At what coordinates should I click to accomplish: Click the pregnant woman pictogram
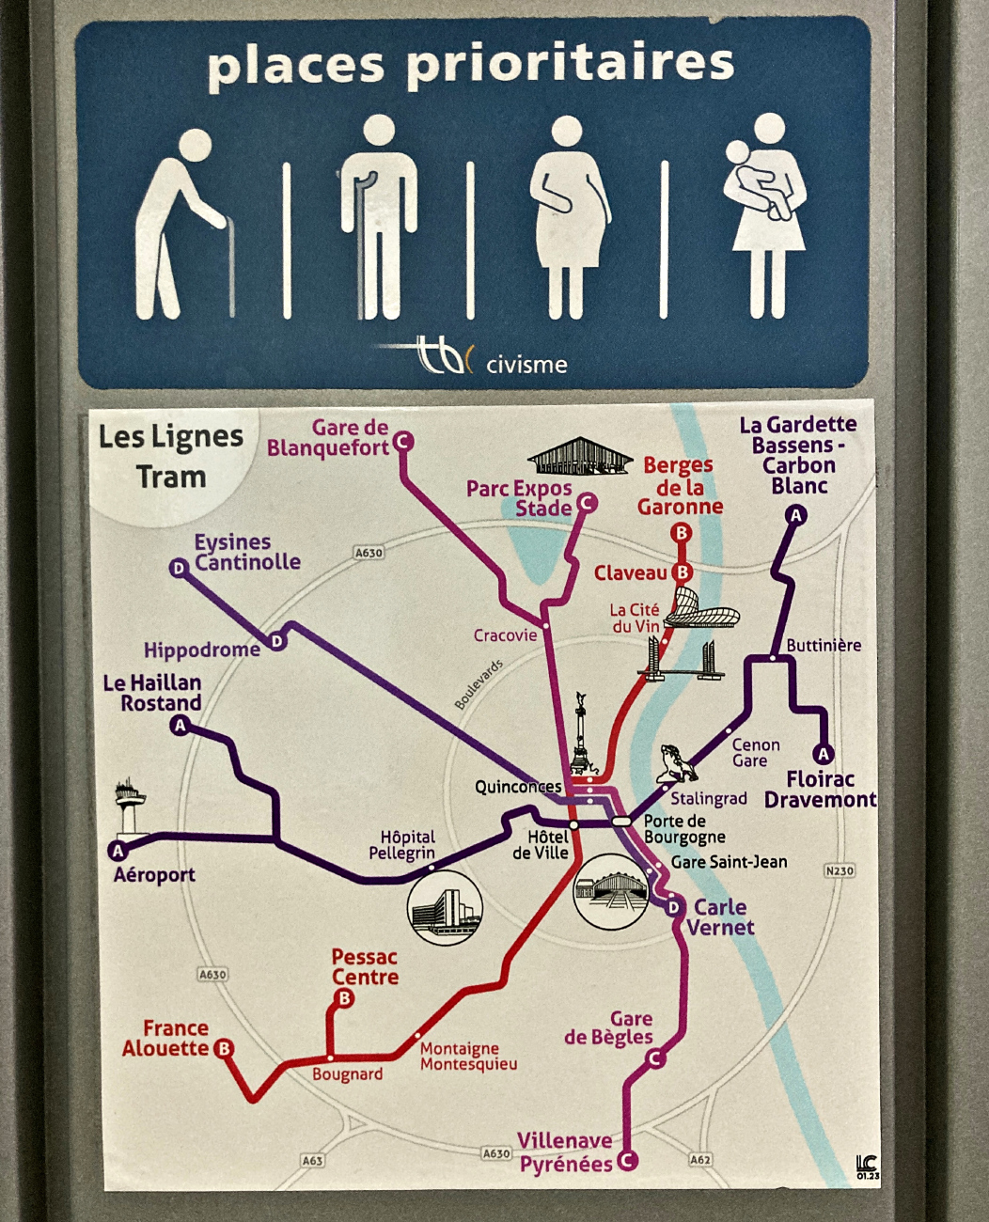point(569,218)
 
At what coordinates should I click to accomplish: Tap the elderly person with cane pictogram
point(183,226)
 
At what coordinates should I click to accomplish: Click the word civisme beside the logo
point(526,365)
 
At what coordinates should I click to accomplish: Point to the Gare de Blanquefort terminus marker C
point(403,441)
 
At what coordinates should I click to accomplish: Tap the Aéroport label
point(154,875)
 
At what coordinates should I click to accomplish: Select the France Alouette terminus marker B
point(224,1048)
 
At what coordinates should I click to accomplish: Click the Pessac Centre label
point(365,966)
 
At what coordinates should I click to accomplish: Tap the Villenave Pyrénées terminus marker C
point(626,1161)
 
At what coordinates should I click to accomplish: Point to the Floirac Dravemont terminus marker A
point(824,754)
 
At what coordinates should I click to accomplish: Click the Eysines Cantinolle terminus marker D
point(179,568)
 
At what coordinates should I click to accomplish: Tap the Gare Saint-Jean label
point(729,862)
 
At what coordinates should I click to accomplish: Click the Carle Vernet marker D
point(673,907)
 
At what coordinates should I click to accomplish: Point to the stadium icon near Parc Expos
point(579,457)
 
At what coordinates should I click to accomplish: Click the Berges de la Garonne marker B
point(682,533)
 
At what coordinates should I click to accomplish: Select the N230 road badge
point(839,870)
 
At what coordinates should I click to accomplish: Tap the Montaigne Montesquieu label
point(468,1057)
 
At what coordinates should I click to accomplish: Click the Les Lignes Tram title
point(170,457)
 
